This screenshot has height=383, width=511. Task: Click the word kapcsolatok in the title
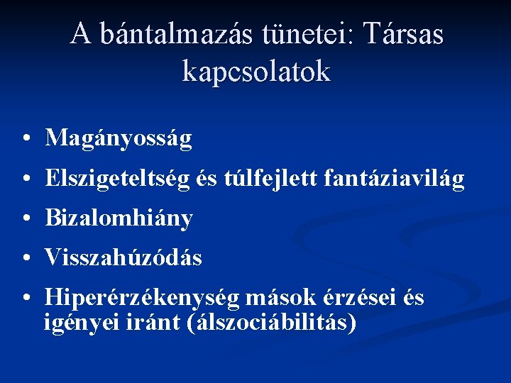[256, 71]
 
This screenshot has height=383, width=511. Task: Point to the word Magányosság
[119, 138]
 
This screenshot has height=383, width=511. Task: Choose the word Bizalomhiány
[119, 219]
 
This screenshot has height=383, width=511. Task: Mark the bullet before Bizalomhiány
[25, 219]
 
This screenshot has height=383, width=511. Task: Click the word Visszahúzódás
[123, 258]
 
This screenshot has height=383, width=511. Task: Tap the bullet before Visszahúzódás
[25, 258]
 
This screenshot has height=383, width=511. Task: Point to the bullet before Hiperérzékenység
[25, 299]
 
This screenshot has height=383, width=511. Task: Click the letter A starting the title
[81, 33]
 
